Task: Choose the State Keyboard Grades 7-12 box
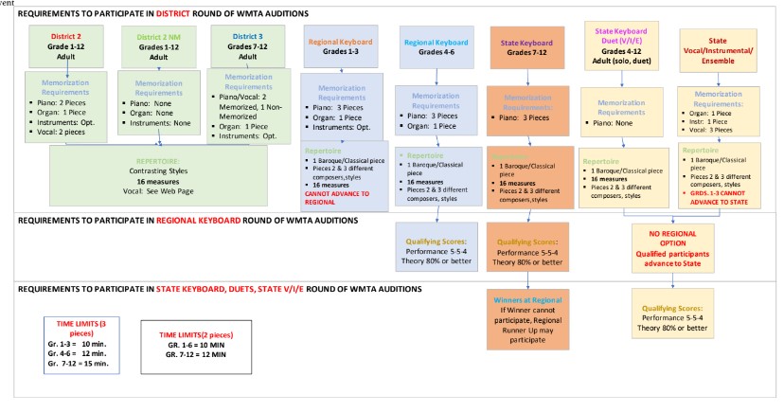click(526, 46)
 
